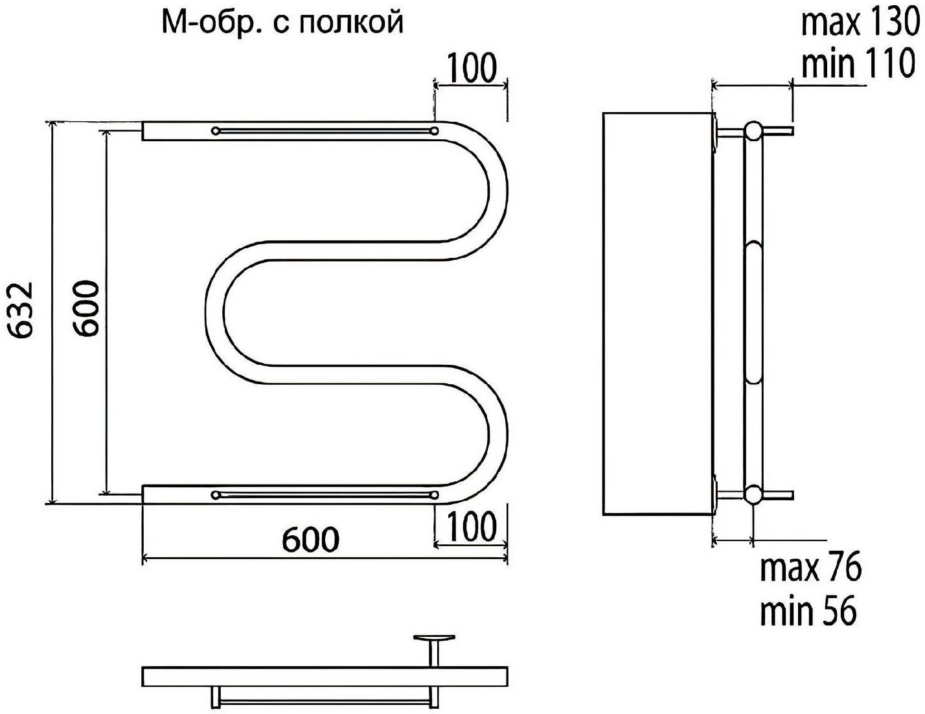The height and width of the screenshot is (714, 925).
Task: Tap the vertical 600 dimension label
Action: coord(86,308)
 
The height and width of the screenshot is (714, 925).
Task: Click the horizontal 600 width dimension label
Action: coord(310,539)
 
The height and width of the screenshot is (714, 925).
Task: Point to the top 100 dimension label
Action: coord(471,68)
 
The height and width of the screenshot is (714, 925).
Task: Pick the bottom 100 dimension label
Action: coord(471,526)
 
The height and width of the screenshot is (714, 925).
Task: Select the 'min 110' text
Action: coord(857,63)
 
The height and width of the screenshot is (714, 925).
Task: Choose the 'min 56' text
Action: coord(808,611)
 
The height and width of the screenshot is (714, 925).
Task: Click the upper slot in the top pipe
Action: coord(325,131)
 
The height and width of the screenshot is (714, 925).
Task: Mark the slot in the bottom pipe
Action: coord(325,496)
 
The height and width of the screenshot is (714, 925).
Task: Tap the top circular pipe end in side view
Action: coord(753,131)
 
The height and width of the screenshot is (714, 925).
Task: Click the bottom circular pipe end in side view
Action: coord(753,495)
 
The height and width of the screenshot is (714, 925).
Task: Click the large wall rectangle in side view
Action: coord(658,314)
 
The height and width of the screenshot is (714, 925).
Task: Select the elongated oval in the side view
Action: coord(754,312)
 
